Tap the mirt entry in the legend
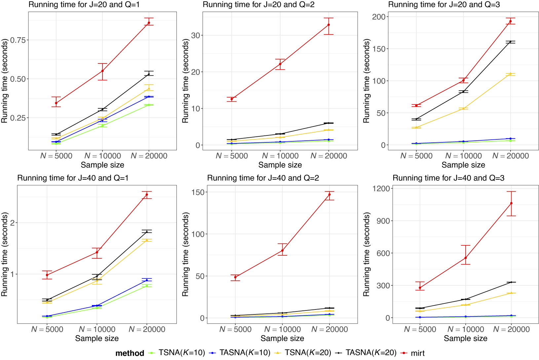click(x=417, y=353)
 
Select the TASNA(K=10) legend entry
click(x=245, y=353)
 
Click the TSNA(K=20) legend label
click(x=308, y=353)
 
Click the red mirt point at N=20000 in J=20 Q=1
click(x=149, y=23)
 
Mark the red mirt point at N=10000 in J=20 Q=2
click(x=280, y=64)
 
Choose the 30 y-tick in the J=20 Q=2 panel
click(x=195, y=35)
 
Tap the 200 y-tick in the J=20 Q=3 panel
click(x=378, y=17)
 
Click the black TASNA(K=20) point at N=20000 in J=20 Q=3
click(x=510, y=42)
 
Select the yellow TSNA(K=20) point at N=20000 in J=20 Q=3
click(x=510, y=74)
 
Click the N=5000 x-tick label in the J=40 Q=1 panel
click(x=47, y=329)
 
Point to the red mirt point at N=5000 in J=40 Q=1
click(x=47, y=275)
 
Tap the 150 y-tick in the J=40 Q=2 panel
click(x=198, y=192)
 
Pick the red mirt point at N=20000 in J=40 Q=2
click(x=329, y=195)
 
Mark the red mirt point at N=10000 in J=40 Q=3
click(x=466, y=258)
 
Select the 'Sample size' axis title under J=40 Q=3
click(x=465, y=339)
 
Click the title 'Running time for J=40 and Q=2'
click(x=263, y=178)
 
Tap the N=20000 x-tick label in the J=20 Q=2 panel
click(x=329, y=156)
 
